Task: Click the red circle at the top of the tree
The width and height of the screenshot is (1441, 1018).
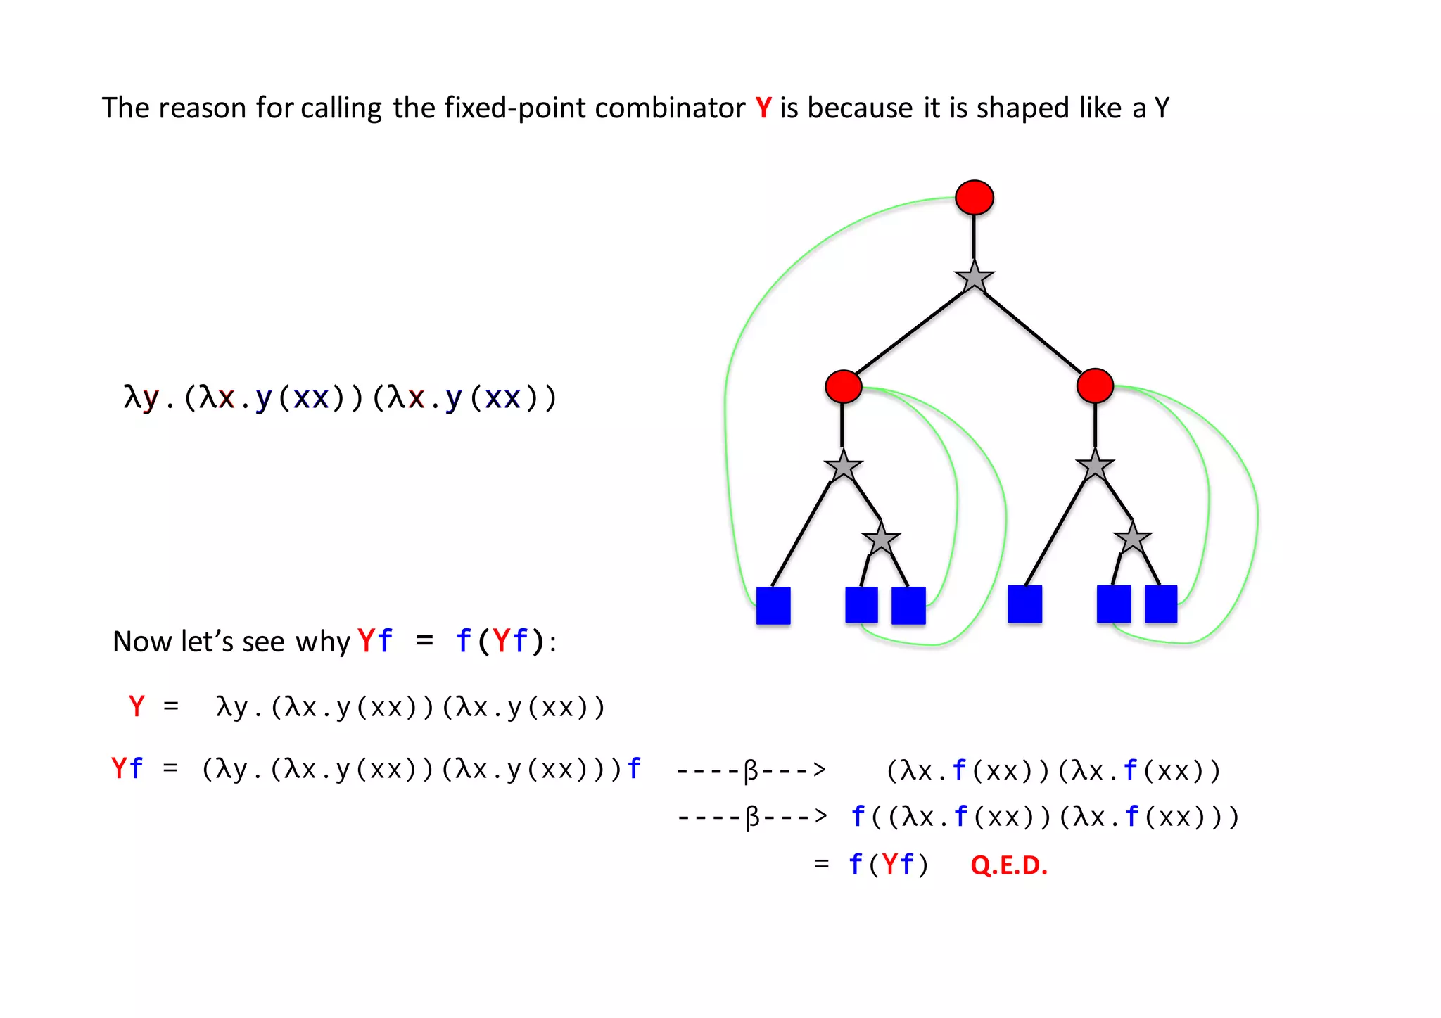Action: (974, 197)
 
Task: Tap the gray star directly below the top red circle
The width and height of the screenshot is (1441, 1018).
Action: (974, 278)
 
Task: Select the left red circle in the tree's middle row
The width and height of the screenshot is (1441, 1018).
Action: (843, 386)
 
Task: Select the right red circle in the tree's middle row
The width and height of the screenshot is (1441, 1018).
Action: (1095, 386)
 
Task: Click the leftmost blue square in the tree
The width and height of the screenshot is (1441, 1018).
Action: (773, 605)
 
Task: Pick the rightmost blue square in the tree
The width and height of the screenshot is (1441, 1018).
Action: (1160, 604)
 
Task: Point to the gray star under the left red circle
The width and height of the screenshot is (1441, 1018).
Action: (843, 466)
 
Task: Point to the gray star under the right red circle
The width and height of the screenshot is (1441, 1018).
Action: (1095, 466)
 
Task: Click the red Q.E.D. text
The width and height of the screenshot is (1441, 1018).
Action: (1008, 865)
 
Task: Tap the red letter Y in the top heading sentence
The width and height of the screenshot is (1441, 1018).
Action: (763, 108)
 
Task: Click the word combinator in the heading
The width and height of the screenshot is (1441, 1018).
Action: (669, 108)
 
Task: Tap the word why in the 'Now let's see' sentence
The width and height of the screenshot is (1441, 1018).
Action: (322, 642)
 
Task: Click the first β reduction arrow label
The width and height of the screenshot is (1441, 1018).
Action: (751, 770)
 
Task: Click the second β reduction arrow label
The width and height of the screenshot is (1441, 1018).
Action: (752, 817)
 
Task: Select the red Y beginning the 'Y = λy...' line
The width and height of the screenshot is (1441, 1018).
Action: (137, 706)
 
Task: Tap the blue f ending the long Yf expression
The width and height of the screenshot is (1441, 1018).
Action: (634, 768)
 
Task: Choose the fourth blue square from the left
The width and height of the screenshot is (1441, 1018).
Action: (1024, 604)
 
